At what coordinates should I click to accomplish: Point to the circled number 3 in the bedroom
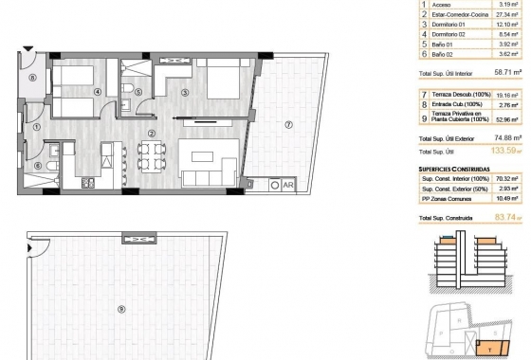coord(186,92)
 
